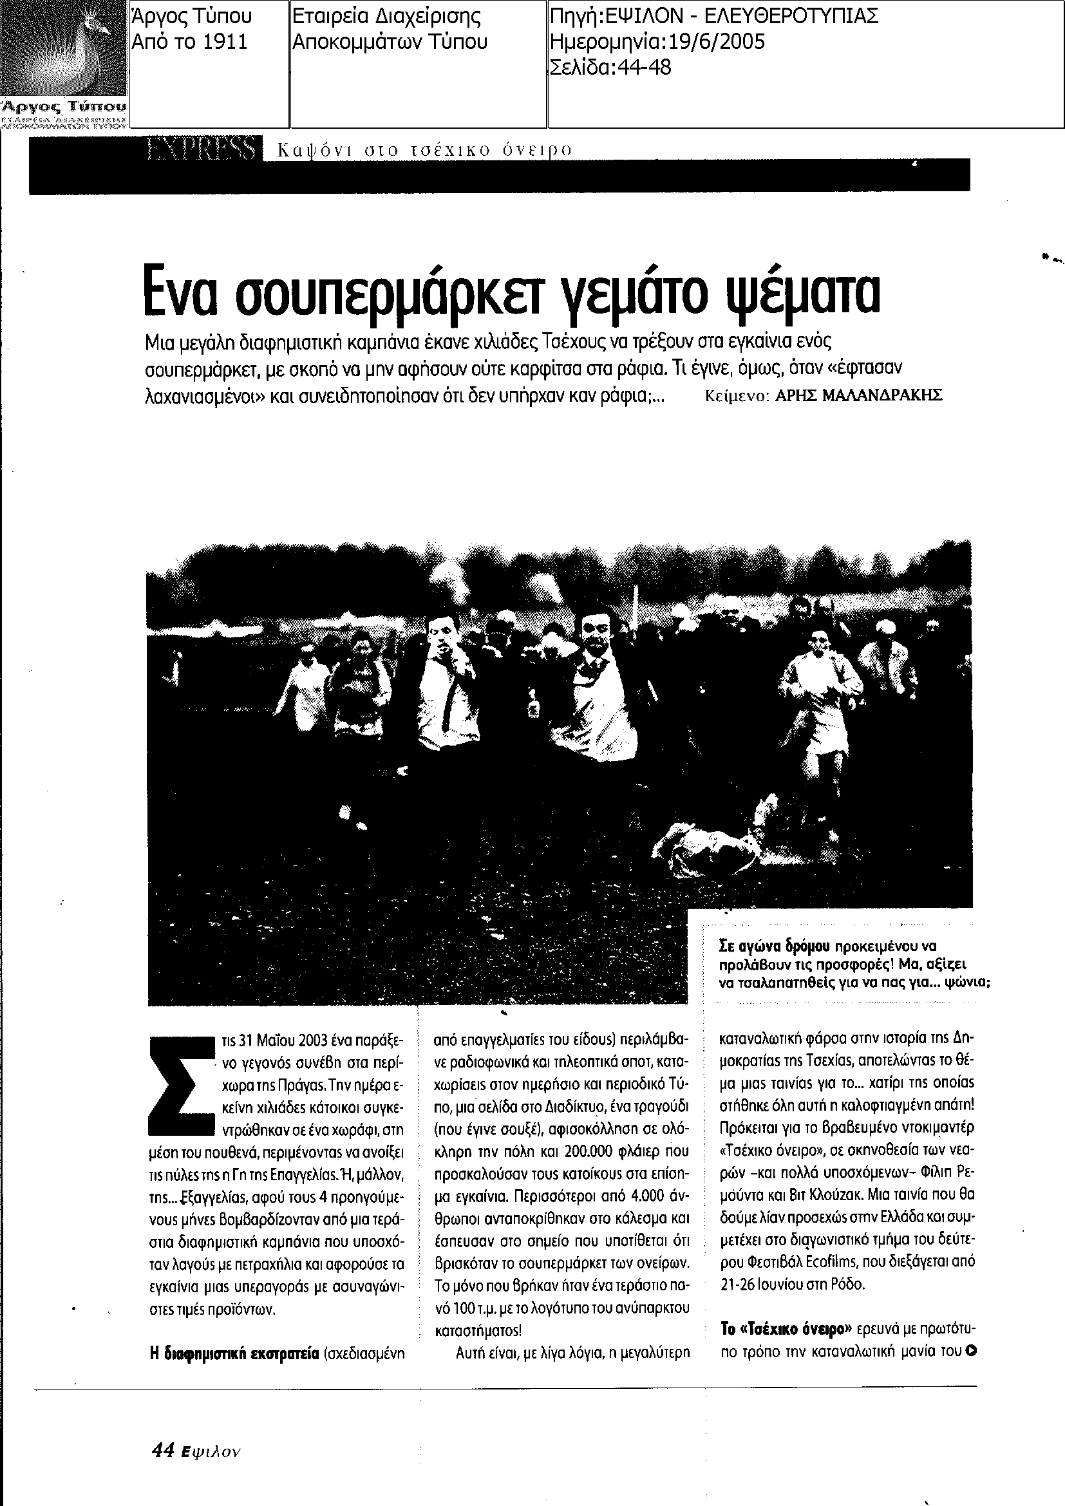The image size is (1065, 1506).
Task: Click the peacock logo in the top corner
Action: click(64, 49)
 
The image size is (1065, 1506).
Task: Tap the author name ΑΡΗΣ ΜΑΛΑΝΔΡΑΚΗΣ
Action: click(858, 395)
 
